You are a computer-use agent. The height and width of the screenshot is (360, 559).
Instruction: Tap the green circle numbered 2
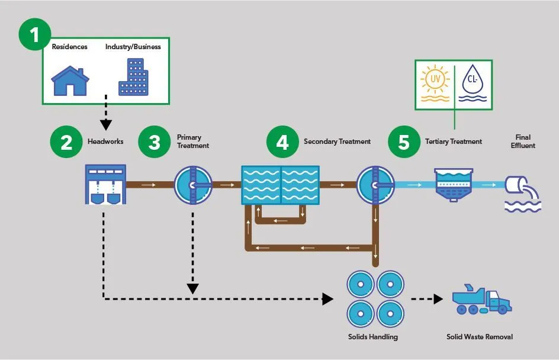click(67, 142)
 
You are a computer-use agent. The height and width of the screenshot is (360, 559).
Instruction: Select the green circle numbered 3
click(155, 142)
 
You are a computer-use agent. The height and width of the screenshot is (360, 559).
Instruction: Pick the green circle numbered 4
click(283, 142)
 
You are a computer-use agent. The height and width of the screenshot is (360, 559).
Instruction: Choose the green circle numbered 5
click(404, 142)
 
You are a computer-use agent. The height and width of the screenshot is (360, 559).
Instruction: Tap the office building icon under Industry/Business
click(133, 77)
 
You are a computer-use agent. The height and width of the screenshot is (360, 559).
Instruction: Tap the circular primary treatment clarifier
click(192, 185)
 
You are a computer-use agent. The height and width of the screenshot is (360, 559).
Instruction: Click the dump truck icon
click(481, 300)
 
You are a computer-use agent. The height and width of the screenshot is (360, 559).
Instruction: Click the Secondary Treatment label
click(337, 142)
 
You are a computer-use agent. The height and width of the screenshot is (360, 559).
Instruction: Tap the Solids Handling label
click(372, 337)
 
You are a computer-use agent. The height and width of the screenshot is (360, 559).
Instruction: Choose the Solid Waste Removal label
click(479, 337)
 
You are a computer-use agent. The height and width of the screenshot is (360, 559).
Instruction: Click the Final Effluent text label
click(522, 142)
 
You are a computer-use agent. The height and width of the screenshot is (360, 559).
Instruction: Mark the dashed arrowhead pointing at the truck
click(438, 300)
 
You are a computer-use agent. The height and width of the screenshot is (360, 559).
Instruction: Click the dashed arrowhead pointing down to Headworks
click(106, 126)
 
